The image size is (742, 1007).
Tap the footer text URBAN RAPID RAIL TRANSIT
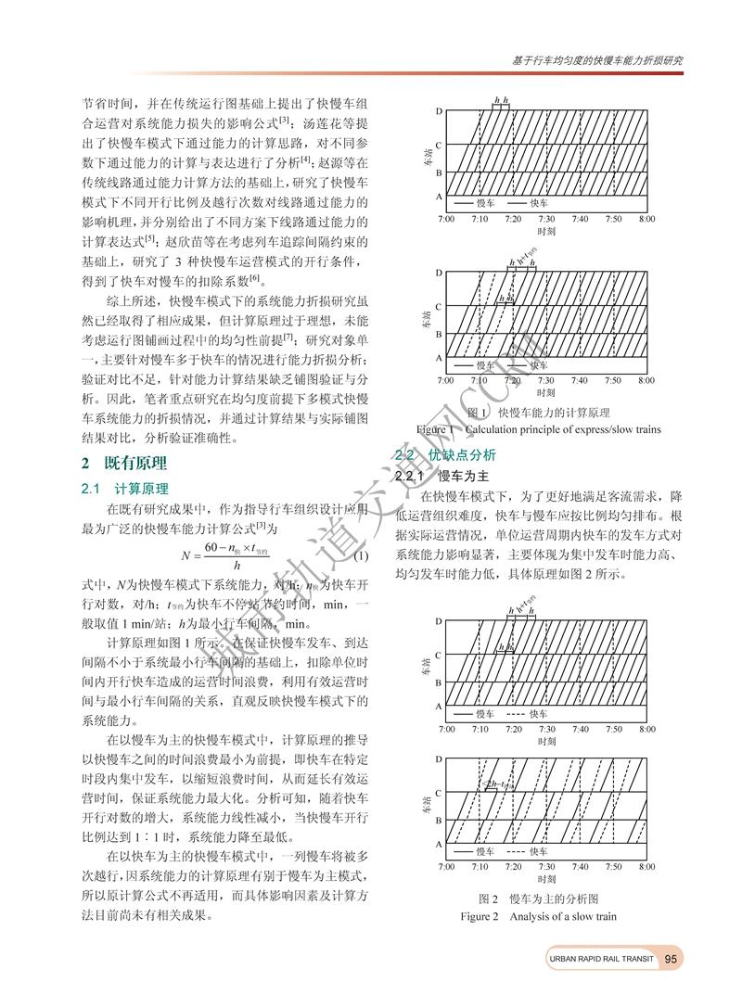tap(601, 959)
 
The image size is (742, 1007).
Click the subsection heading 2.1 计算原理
tap(129, 488)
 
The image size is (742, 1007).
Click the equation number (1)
tap(362, 555)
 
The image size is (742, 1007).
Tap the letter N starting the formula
tap(187, 555)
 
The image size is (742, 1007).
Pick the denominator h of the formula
tap(237, 565)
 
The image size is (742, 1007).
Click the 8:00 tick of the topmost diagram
tap(646, 219)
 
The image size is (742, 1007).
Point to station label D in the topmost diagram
tap(438, 111)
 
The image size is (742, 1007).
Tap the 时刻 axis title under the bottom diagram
tap(546, 878)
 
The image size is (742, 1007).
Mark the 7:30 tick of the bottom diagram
tap(546, 866)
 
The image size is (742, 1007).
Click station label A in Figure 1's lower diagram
tap(438, 358)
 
